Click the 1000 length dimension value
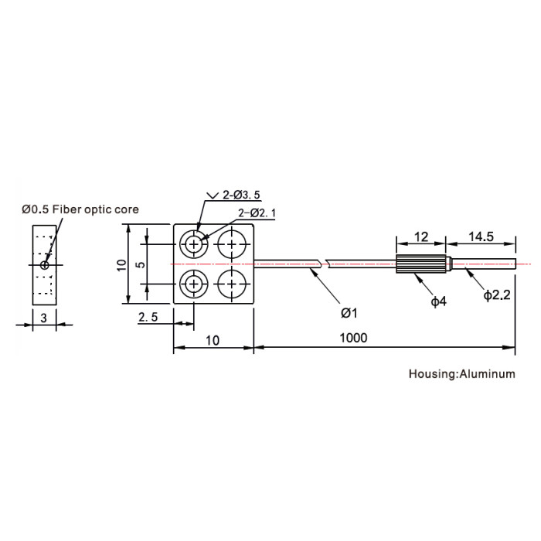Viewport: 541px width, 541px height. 353,338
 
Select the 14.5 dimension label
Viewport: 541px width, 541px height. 481,236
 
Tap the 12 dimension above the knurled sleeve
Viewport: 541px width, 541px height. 421,237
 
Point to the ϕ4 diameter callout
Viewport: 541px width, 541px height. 438,301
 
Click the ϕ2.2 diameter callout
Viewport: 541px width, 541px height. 497,295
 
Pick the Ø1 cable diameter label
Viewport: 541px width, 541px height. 349,313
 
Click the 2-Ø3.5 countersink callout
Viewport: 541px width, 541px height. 241,195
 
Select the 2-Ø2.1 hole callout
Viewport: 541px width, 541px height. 257,213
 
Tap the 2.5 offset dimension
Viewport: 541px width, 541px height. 148,317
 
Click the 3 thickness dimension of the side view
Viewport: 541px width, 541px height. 43,318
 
